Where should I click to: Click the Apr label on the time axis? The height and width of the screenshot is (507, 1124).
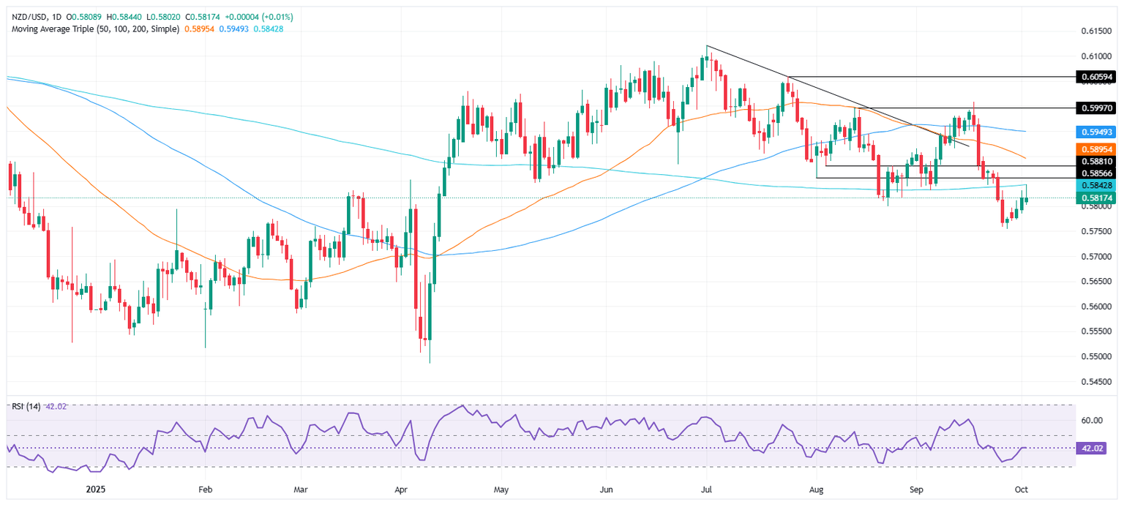tap(400, 488)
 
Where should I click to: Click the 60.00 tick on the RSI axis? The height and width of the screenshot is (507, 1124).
tap(1092, 420)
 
